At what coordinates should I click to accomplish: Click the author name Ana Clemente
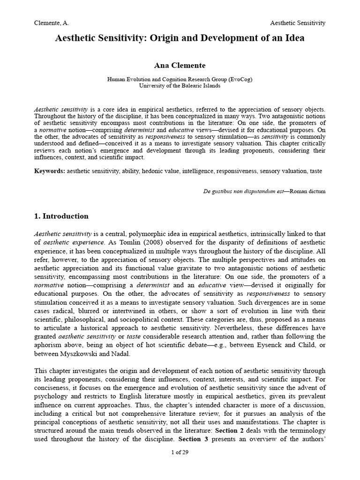180,65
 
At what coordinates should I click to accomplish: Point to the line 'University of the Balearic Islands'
180,86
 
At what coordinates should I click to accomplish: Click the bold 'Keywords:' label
49,171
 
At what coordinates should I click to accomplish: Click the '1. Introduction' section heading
61,216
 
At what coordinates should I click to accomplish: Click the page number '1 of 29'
180,452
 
